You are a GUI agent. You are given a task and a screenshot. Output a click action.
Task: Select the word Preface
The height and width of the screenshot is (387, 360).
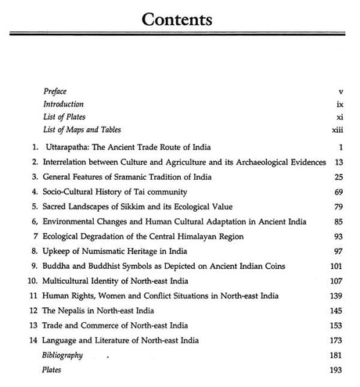tap(56, 91)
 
